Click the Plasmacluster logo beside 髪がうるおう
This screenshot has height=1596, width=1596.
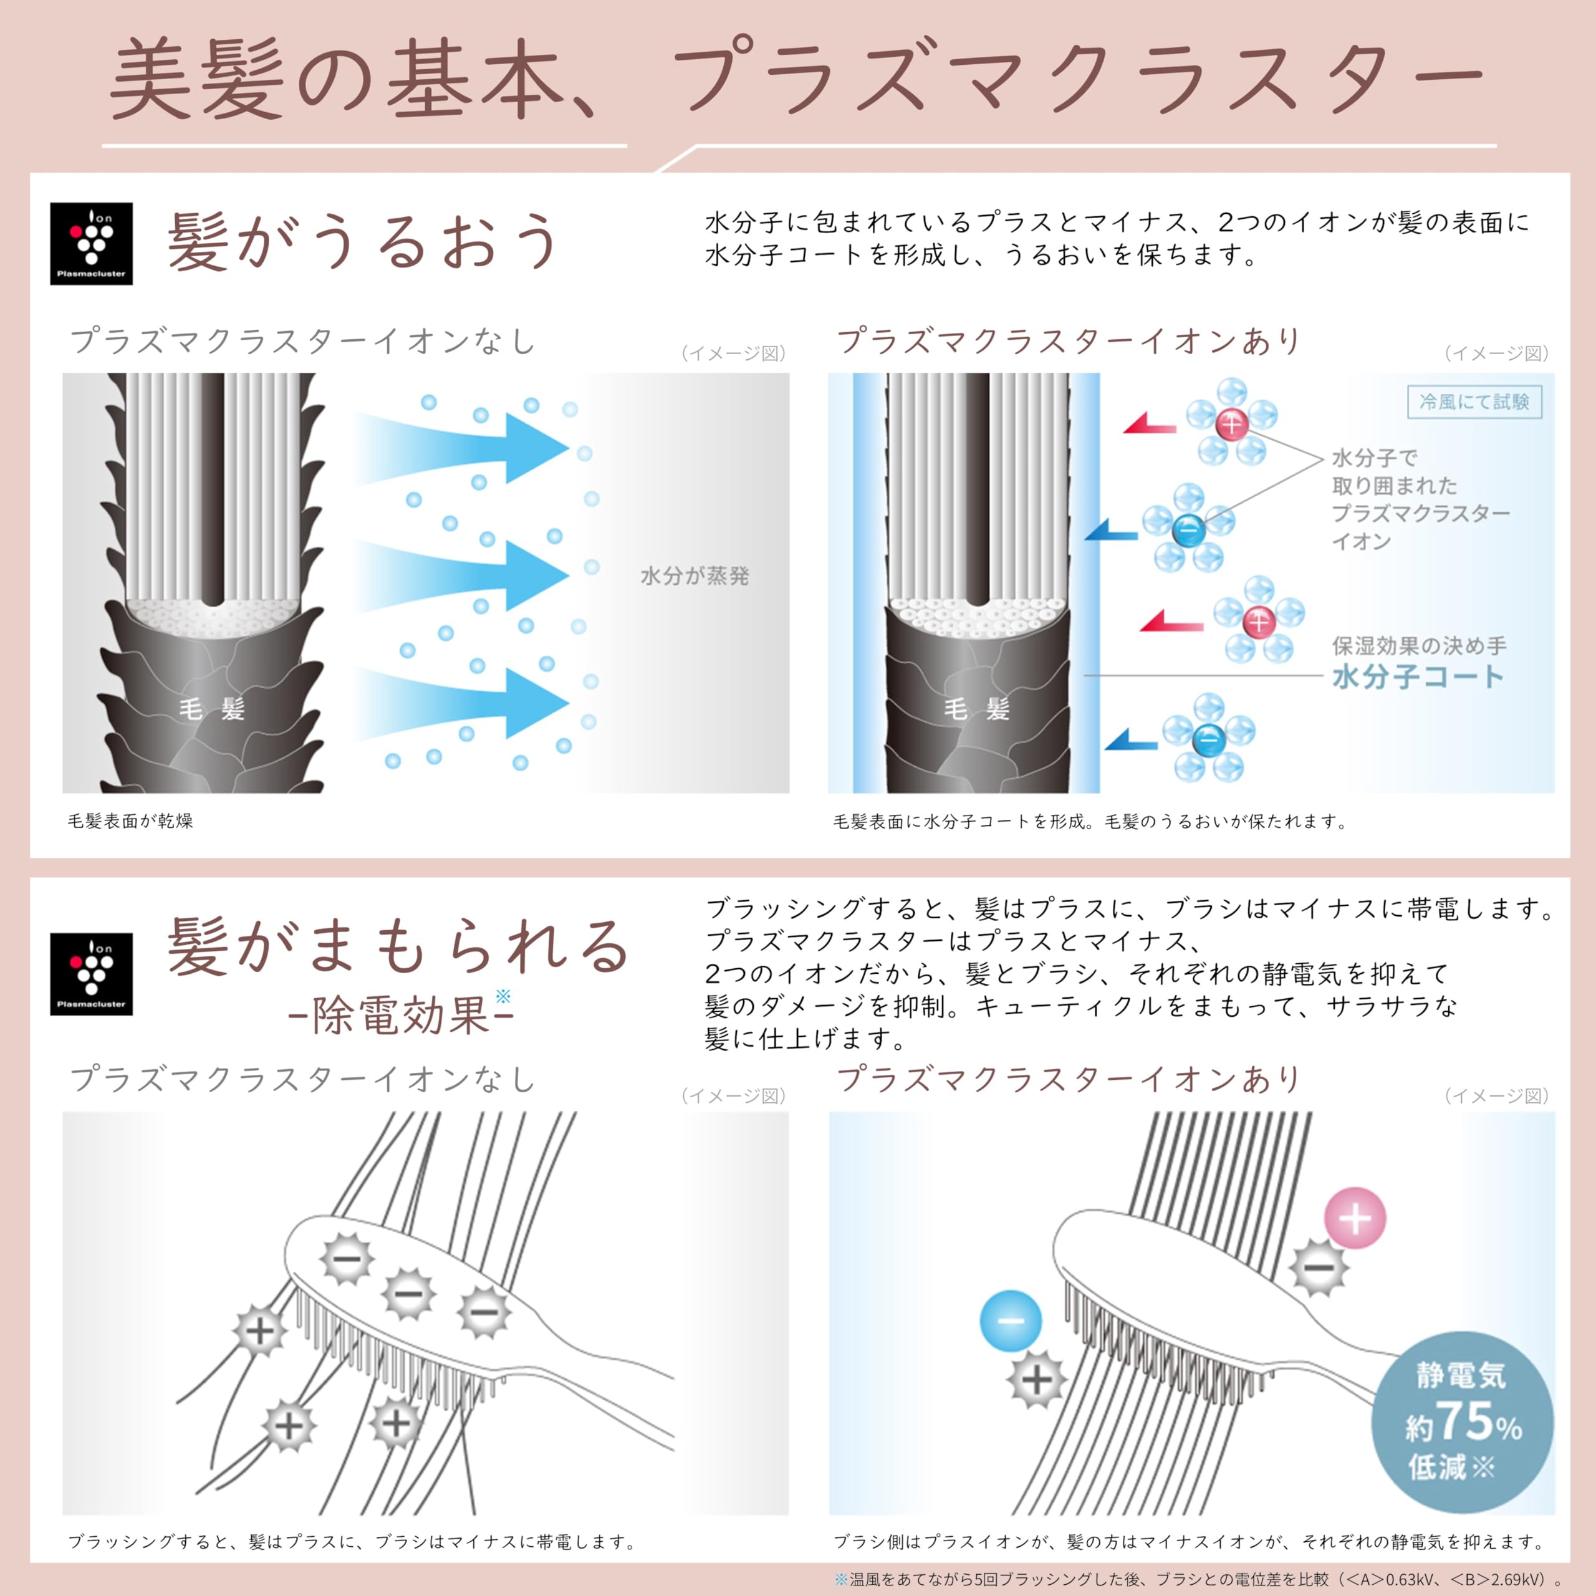point(91,244)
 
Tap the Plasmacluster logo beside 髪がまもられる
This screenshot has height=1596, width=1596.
point(91,974)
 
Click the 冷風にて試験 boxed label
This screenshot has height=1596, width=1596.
point(1474,402)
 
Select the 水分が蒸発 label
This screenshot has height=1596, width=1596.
point(694,576)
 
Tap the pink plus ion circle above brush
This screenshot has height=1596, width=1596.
point(1355,1218)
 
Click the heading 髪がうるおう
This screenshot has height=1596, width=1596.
point(363,241)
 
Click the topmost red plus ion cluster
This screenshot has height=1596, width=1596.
point(1231,423)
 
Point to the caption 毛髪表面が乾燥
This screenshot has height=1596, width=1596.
point(130,821)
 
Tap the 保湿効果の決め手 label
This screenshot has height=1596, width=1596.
point(1419,645)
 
